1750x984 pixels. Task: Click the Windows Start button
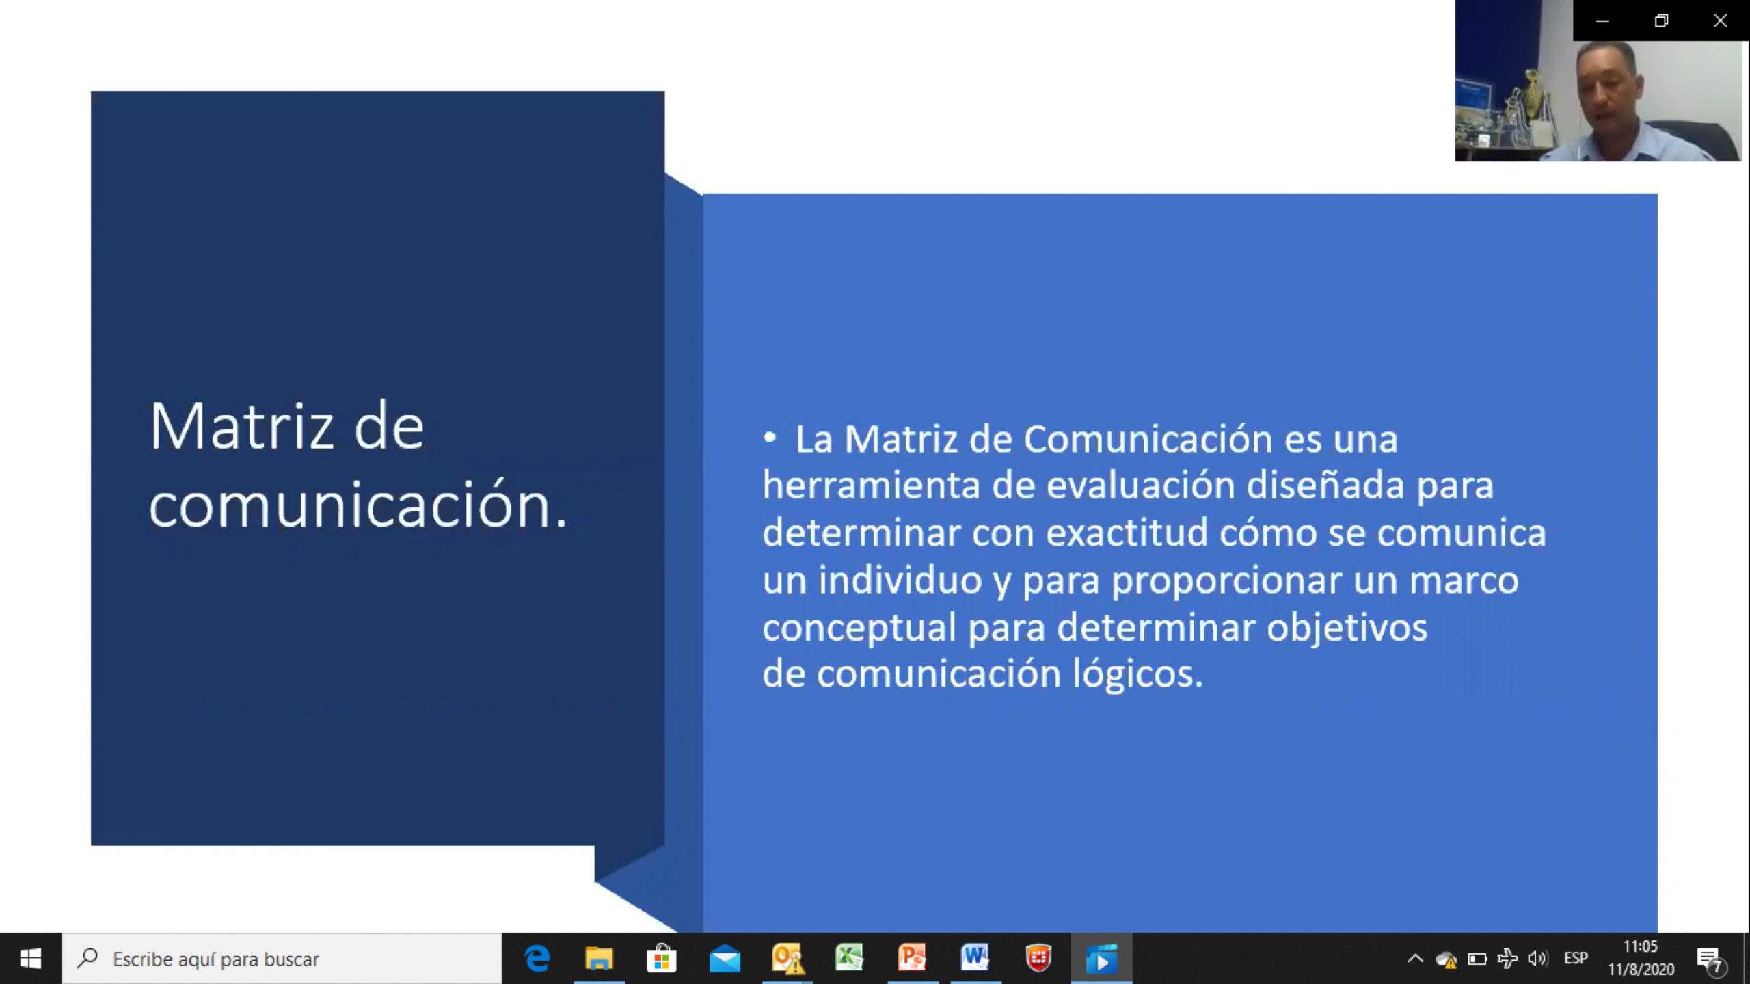click(30, 959)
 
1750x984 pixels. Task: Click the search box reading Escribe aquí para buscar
click(282, 959)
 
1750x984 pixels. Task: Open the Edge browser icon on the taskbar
click(537, 959)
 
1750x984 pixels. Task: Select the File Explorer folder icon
click(599, 959)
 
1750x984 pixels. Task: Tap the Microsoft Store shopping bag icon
click(661, 959)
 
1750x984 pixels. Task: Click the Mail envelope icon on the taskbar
click(725, 959)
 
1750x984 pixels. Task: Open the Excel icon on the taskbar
click(850, 958)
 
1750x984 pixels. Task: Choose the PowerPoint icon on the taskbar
click(913, 958)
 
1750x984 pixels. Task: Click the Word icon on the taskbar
click(975, 958)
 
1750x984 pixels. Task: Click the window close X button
click(1721, 21)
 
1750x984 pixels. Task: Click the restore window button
click(1661, 21)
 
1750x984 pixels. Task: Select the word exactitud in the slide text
click(1127, 533)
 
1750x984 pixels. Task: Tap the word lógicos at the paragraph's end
click(1137, 675)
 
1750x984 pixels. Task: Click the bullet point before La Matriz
click(770, 438)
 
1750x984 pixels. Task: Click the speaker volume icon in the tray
click(1537, 959)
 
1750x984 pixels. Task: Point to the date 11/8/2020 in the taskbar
click(1641, 970)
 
